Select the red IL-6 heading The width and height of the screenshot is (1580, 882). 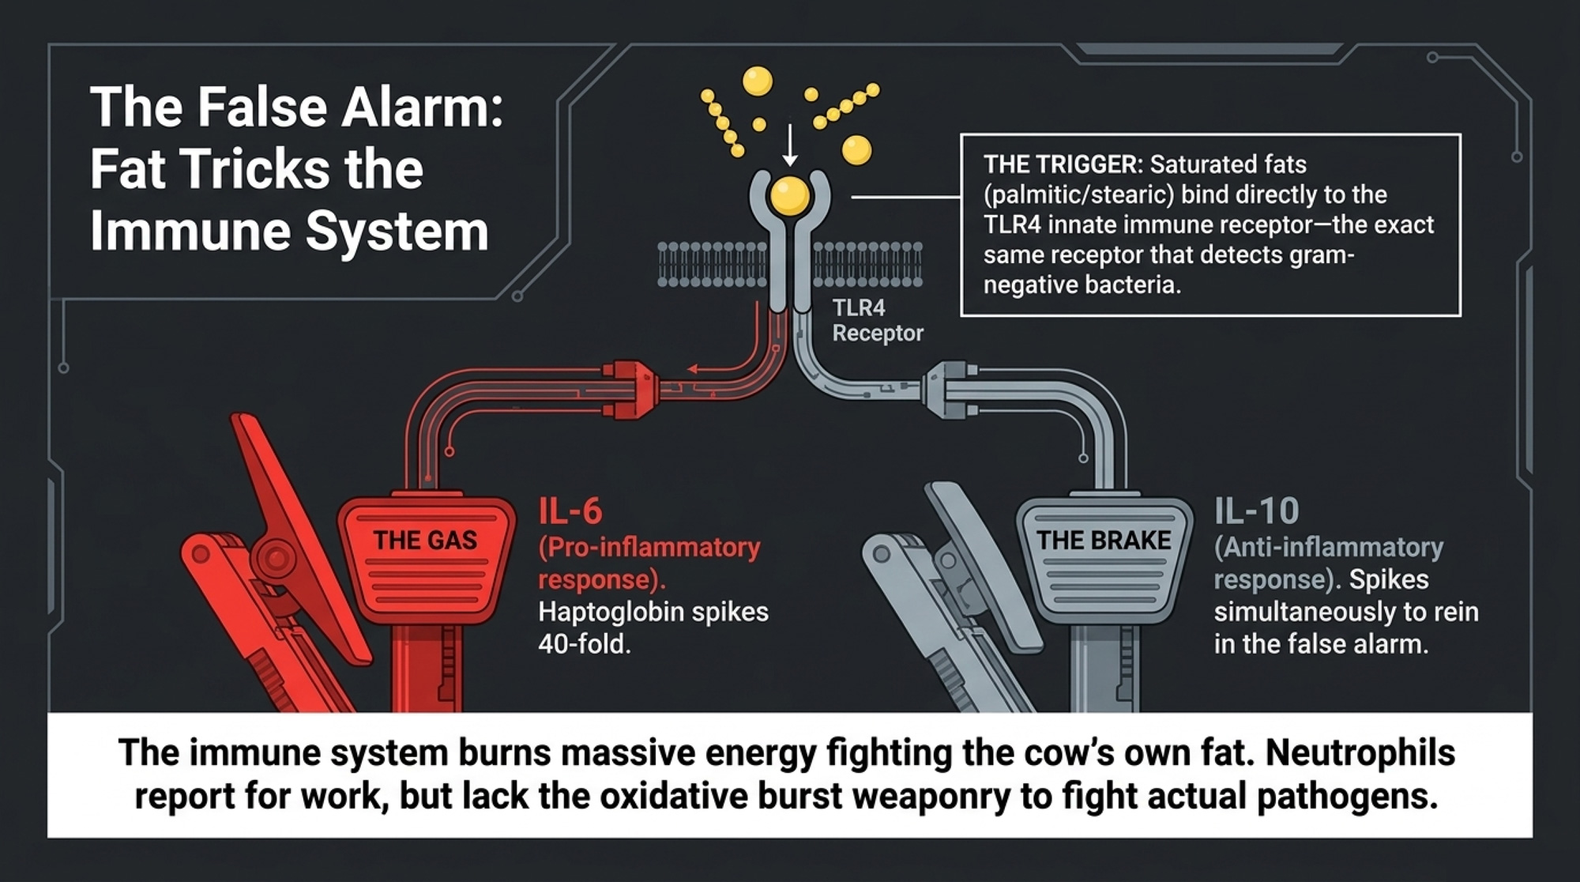pos(570,511)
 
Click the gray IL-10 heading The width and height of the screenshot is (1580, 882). pos(1256,511)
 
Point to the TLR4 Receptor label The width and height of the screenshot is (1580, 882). pos(877,320)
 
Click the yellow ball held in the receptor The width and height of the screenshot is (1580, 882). pos(790,194)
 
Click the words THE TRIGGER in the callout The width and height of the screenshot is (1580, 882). pos(1062,164)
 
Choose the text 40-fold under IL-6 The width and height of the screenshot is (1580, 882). pos(584,644)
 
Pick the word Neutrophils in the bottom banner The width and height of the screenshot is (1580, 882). pos(1360,752)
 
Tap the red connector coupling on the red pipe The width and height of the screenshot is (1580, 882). pos(630,389)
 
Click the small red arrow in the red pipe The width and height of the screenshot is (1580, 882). pos(693,368)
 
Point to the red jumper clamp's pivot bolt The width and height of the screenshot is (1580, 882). pos(276,558)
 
